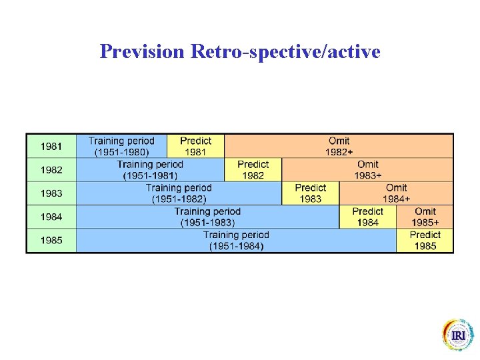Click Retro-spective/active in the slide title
pos(285,51)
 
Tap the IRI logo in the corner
pos(458,335)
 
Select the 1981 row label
pos(51,146)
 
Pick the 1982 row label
pos(51,170)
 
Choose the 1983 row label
pos(51,193)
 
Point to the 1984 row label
pos(51,217)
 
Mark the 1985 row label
pos(51,241)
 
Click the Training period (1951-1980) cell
pos(121,146)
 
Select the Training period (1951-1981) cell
pos(150,170)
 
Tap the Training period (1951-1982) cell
pos(179,193)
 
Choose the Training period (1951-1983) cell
pos(207,217)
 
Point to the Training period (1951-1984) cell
pos(236,241)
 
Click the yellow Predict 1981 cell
pos(195,146)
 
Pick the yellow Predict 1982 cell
pos(253,170)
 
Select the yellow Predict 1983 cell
pos(310,193)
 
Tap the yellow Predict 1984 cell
pos(367,217)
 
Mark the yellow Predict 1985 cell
pos(425,241)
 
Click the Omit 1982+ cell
pos(339,146)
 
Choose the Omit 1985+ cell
pos(425,217)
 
